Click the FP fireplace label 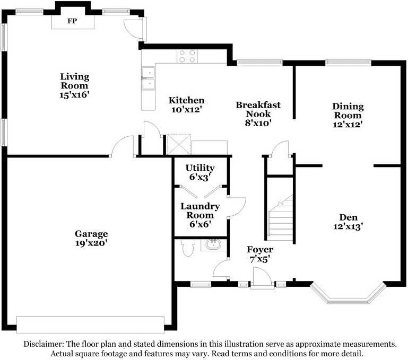click(72, 21)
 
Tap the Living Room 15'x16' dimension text click(74, 95)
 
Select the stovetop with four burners click(187, 56)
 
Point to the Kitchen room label click(187, 100)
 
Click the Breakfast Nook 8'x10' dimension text click(258, 123)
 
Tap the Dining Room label click(348, 111)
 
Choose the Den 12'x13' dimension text click(348, 226)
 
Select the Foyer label click(260, 250)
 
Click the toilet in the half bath click(188, 248)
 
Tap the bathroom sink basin click(213, 245)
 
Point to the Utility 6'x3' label click(200, 172)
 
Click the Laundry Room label click(200, 210)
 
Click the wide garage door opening click(90, 324)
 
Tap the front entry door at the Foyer click(262, 278)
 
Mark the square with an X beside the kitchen click(178, 144)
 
